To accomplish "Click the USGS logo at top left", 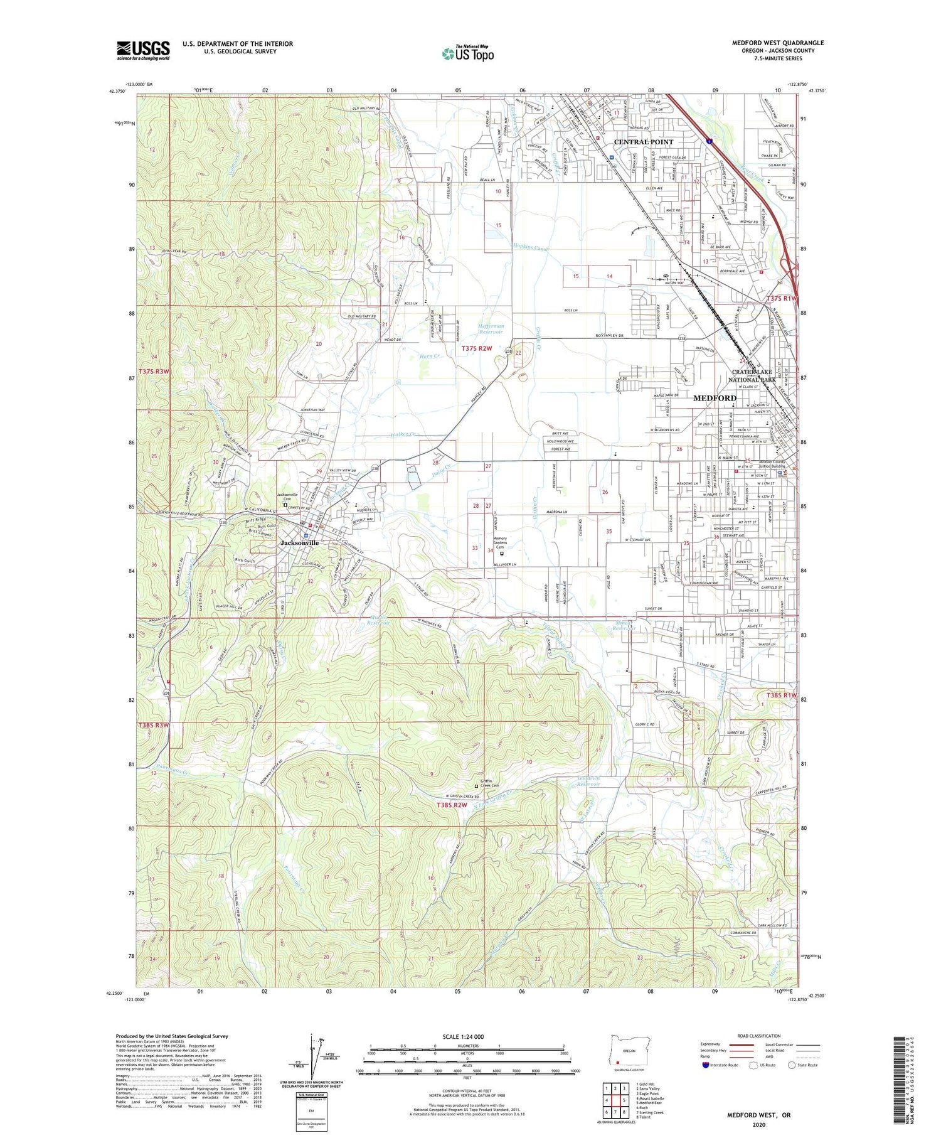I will point(143,50).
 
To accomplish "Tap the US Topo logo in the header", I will point(467,53).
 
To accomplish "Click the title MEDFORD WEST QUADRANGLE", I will point(778,43).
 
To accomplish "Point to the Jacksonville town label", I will point(299,542).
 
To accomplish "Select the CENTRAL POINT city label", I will point(643,142).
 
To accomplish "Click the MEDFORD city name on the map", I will point(715,398).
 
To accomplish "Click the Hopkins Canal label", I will point(530,249).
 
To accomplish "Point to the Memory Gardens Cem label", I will point(500,543).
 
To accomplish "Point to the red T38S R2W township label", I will point(452,805).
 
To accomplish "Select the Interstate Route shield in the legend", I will point(706,1065).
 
